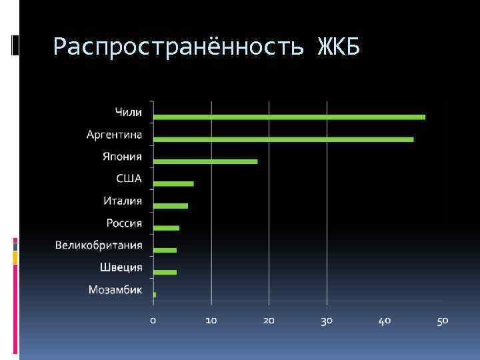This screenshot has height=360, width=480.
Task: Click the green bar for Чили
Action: pos(289,117)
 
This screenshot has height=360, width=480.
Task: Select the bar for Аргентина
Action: pos(283,139)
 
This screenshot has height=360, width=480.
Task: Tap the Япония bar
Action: pos(205,161)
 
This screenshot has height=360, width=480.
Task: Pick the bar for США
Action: pos(173,183)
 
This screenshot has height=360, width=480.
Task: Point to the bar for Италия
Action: pos(171,206)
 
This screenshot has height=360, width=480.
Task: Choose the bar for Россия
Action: pos(166,228)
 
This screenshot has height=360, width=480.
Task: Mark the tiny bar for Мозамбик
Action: pos(155,294)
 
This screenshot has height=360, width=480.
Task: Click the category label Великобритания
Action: pos(99,245)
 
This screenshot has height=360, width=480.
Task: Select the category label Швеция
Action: pos(121,267)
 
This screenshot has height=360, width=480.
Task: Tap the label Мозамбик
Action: pos(115,289)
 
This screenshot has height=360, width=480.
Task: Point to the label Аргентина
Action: pos(114,135)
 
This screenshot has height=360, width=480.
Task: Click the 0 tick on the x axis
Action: pos(153,321)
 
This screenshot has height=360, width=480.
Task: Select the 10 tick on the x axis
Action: pos(211,321)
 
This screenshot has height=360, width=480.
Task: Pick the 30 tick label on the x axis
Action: pos(327,321)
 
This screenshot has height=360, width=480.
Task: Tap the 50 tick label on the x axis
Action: pos(443,321)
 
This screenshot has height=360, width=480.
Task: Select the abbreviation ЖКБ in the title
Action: pos(339,47)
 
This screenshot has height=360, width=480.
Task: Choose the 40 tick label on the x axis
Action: pos(385,321)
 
